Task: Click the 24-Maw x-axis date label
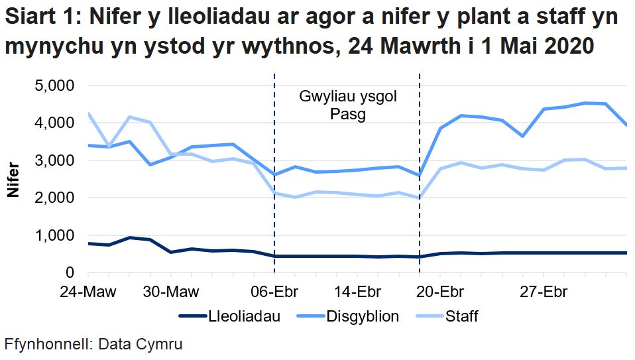point(88,292)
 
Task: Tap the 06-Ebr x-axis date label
point(274,292)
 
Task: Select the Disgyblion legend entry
point(362,316)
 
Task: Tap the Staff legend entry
point(460,316)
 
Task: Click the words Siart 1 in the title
point(40,18)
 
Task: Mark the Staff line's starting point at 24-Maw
point(89,113)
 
